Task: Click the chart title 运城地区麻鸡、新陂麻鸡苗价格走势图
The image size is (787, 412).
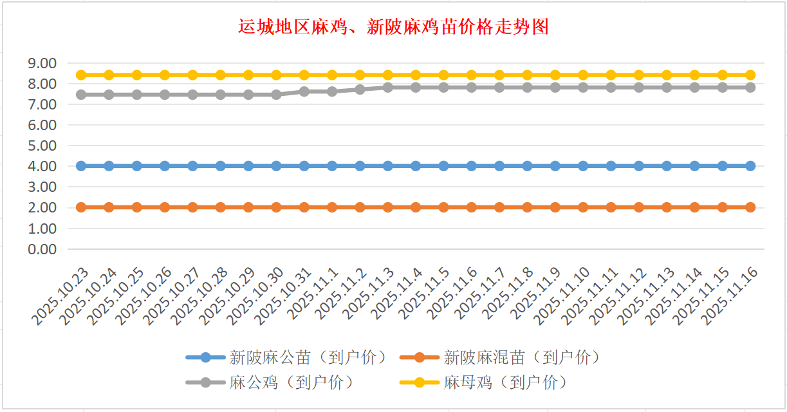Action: pos(393,27)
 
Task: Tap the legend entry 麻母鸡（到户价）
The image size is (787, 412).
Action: pos(506,382)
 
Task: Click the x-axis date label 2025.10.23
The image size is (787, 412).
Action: pos(60,295)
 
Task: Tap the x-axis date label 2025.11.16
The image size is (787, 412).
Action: pos(729,295)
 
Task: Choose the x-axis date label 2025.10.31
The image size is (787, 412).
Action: pos(283,295)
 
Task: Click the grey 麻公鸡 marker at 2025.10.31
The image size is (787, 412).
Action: pos(304,91)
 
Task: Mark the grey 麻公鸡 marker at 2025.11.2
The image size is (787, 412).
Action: pos(360,89)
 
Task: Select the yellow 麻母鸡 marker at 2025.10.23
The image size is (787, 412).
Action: pos(81,75)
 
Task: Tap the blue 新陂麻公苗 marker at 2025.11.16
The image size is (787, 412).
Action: pos(750,166)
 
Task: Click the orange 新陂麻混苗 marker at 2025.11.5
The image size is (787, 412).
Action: pos(443,207)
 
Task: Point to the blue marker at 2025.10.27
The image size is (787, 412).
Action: pos(192,166)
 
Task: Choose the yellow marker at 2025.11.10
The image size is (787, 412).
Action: pos(583,75)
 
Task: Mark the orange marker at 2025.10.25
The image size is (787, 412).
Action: pos(137,207)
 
